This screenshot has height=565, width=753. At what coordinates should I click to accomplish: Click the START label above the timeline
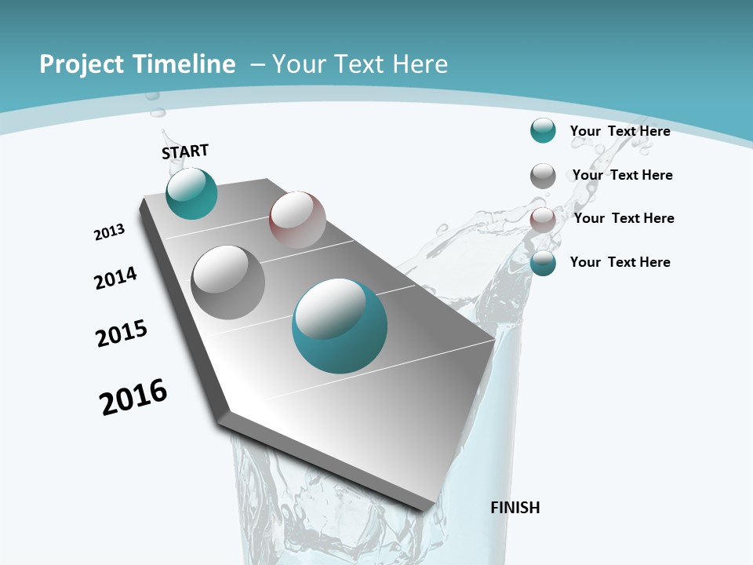[185, 151]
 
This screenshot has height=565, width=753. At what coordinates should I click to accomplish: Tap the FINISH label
[515, 508]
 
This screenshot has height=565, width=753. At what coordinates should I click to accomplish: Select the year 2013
[110, 232]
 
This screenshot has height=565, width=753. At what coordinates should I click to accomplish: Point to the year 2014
[116, 278]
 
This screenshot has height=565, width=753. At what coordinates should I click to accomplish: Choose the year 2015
[122, 334]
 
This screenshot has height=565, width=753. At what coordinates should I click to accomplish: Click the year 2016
[133, 397]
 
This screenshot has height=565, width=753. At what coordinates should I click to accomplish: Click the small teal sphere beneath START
[191, 194]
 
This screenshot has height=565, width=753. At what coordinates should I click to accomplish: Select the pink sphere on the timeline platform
[297, 220]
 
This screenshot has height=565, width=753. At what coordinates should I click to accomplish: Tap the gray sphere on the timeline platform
[228, 282]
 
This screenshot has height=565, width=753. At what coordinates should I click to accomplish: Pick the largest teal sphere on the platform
[340, 326]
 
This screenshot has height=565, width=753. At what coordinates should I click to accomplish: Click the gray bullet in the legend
[543, 176]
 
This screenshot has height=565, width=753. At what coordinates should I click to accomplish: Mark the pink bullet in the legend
[543, 220]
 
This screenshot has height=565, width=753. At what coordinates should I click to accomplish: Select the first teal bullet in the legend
[543, 131]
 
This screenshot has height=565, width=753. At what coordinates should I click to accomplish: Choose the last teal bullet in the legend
[543, 264]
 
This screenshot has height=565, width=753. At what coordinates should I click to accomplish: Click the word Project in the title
[82, 64]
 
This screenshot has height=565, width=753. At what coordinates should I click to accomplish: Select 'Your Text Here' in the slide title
[359, 64]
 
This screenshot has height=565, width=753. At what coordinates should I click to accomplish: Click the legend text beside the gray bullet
[622, 175]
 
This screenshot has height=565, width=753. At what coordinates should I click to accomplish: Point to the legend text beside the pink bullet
[624, 218]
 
